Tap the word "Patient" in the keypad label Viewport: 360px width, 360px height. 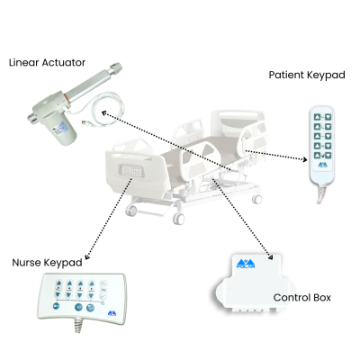pos(290,76)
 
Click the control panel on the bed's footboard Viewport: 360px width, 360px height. pos(132,169)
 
